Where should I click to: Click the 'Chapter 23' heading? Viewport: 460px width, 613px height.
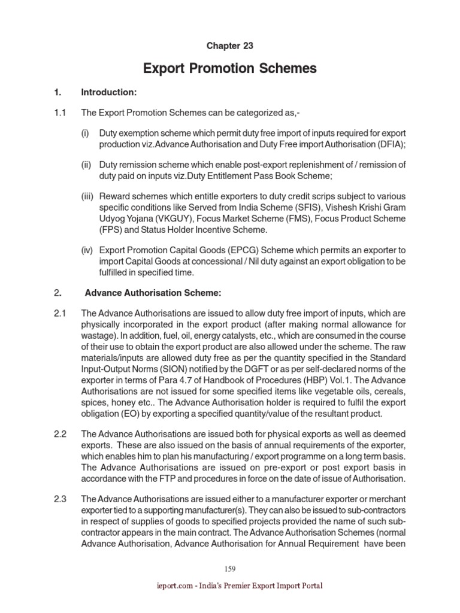tap(230, 46)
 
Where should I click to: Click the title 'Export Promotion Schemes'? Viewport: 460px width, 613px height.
tap(230, 69)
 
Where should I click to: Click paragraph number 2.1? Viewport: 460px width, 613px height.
tap(60, 312)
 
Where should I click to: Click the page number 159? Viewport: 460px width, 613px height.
tap(230, 569)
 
